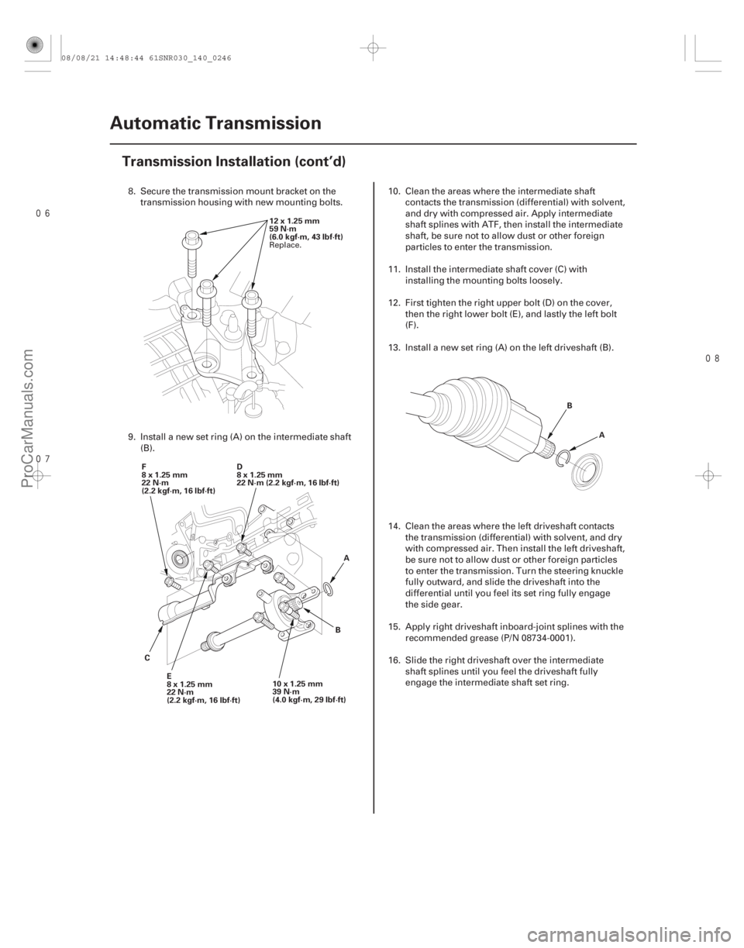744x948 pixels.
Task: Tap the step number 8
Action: [x=130, y=191]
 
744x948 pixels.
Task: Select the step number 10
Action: [x=393, y=191]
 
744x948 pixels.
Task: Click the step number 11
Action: [x=393, y=268]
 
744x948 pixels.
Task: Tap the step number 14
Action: [x=393, y=525]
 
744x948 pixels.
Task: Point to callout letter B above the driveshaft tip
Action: [x=570, y=404]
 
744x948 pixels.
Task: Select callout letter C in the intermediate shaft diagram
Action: [x=145, y=657]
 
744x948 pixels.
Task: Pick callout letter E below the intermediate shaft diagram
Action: [x=168, y=676]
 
